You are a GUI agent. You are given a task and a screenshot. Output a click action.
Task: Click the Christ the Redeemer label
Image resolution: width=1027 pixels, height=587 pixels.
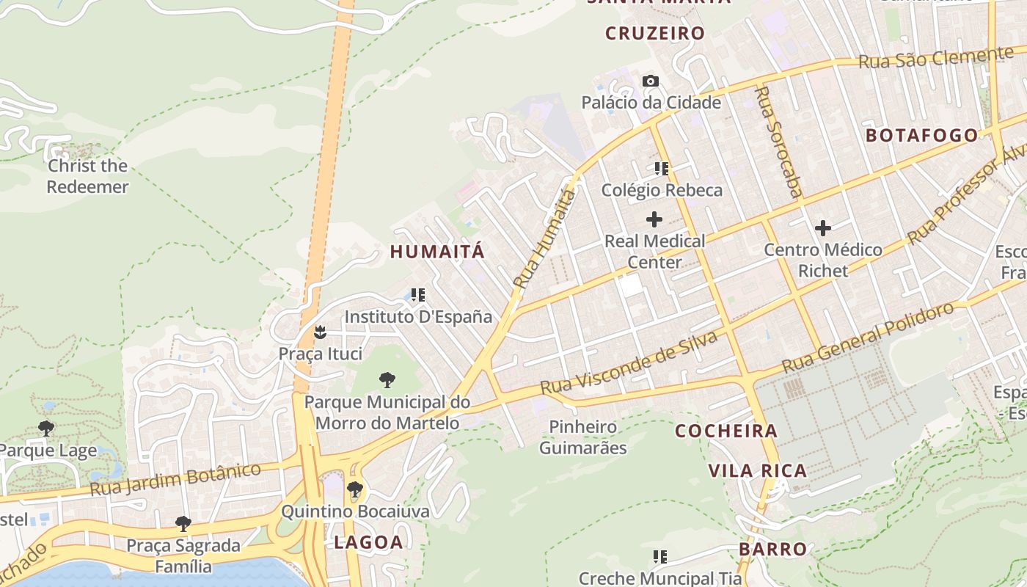pyautogui.click(x=87, y=176)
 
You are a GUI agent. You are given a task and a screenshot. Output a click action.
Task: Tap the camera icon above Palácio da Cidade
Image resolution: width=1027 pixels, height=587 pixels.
pyautogui.click(x=651, y=81)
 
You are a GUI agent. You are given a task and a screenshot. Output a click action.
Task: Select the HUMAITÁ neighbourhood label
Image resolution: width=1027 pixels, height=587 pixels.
pyautogui.click(x=437, y=252)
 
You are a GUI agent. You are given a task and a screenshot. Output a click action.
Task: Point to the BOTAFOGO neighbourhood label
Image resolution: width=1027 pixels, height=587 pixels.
pyautogui.click(x=921, y=136)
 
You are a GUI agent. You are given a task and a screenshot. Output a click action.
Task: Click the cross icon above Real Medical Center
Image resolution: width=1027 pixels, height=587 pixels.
pyautogui.click(x=654, y=219)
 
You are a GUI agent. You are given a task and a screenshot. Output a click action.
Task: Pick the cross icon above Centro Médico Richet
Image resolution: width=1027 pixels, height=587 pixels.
pyautogui.click(x=823, y=228)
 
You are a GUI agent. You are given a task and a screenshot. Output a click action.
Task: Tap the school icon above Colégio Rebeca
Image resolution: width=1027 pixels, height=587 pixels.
pyautogui.click(x=662, y=169)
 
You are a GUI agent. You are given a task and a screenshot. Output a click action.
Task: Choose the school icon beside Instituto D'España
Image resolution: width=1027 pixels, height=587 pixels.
pyautogui.click(x=418, y=296)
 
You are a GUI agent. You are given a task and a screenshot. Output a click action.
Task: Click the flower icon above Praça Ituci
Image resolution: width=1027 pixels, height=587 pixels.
pyautogui.click(x=320, y=332)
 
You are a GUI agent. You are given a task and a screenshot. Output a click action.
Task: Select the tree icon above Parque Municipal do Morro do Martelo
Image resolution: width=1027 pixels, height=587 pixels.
pyautogui.click(x=387, y=380)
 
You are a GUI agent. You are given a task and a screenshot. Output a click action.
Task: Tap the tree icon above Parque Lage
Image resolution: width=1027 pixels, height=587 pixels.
pyautogui.click(x=46, y=429)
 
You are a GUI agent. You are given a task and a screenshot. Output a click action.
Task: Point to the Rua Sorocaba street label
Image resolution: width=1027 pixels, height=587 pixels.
pyautogui.click(x=778, y=143)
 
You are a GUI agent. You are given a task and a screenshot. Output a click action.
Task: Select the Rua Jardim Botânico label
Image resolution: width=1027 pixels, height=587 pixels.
pyautogui.click(x=175, y=479)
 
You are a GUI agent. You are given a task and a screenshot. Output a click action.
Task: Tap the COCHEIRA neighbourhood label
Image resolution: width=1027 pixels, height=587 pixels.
pyautogui.click(x=726, y=431)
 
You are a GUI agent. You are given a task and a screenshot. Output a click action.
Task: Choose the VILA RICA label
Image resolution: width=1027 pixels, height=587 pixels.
pyautogui.click(x=758, y=470)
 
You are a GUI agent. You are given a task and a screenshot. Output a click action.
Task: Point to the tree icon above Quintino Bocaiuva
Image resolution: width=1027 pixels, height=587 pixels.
pyautogui.click(x=355, y=489)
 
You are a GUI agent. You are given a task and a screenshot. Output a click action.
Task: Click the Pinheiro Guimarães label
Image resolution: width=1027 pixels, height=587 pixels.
pyautogui.click(x=583, y=437)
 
